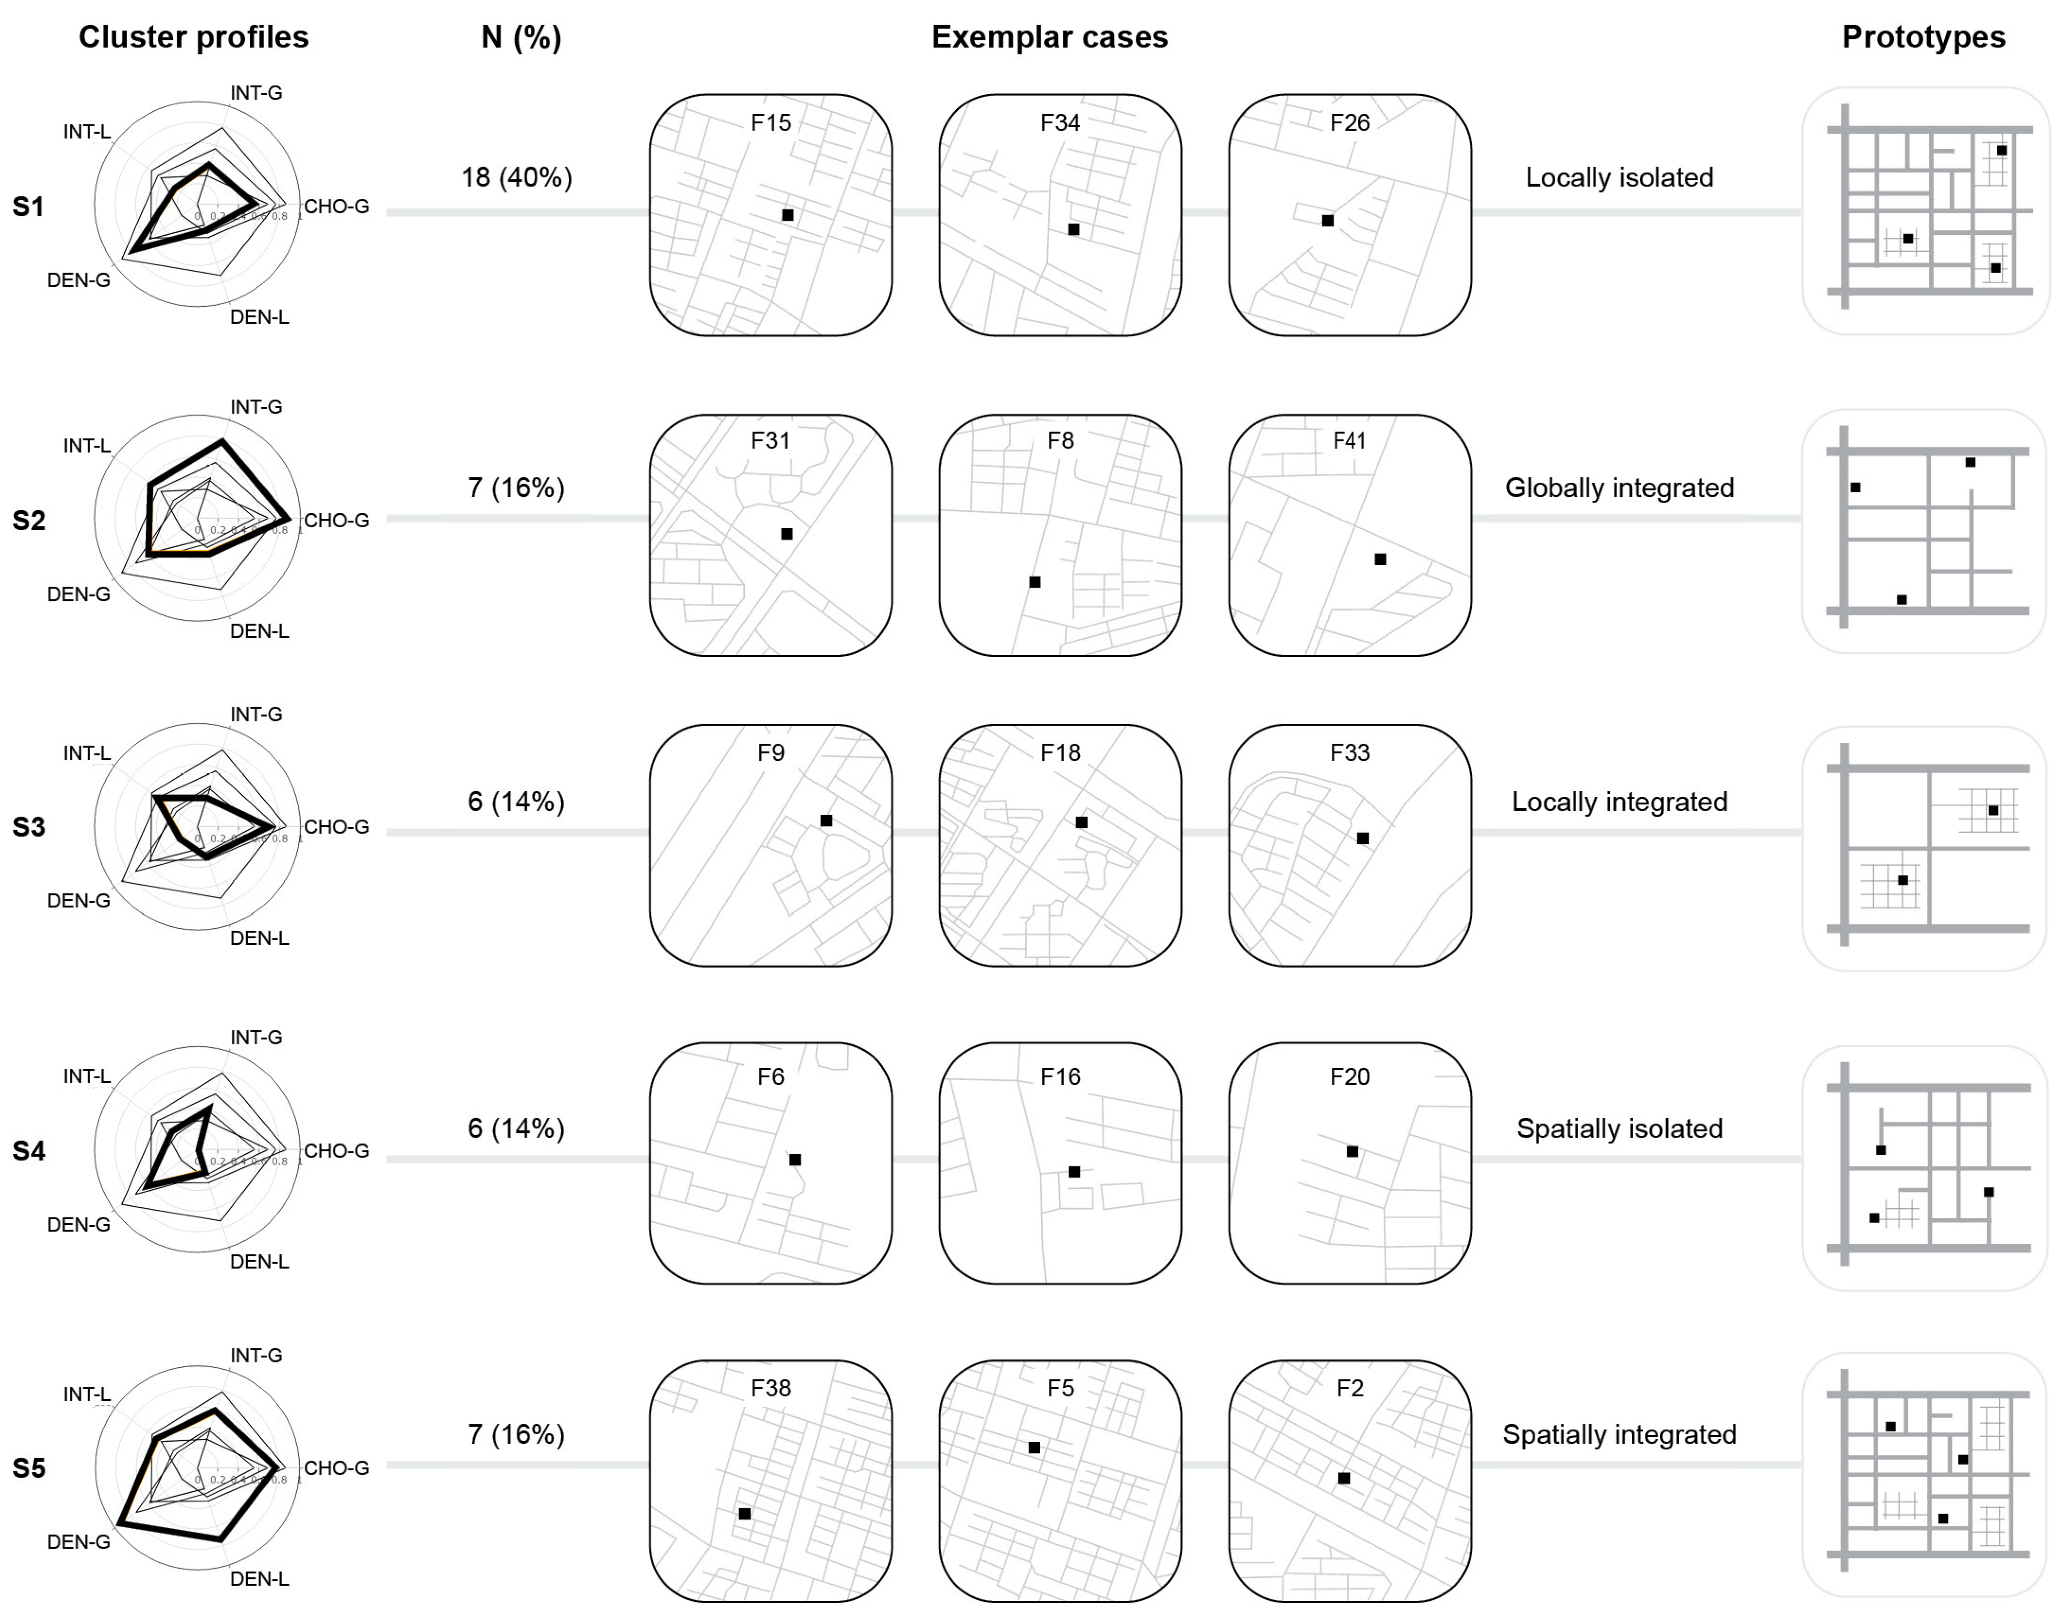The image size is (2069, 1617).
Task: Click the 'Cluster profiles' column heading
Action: pos(193,37)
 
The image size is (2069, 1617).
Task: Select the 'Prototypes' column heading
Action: pos(1923,37)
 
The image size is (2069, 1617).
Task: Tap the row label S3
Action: pos(28,827)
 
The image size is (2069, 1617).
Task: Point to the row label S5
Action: pos(28,1468)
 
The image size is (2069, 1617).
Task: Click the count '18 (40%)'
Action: pos(517,177)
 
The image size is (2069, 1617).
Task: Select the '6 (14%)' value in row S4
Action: pos(517,1128)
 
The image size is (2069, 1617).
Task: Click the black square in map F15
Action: pos(787,215)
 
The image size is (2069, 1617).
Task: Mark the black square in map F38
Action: pos(744,1514)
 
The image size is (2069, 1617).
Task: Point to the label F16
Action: pos(1060,1076)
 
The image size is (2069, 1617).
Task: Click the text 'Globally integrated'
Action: pos(1619,488)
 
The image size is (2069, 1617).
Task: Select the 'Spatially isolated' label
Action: pos(1619,1128)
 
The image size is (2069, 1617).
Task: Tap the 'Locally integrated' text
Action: pos(1619,802)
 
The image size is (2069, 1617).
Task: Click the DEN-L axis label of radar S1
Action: pos(259,318)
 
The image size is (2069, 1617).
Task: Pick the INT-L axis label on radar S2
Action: pos(87,445)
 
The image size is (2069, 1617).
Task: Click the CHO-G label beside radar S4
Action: pos(336,1151)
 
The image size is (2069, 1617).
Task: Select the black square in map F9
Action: pos(826,820)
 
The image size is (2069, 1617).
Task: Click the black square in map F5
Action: pos(1034,1448)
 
